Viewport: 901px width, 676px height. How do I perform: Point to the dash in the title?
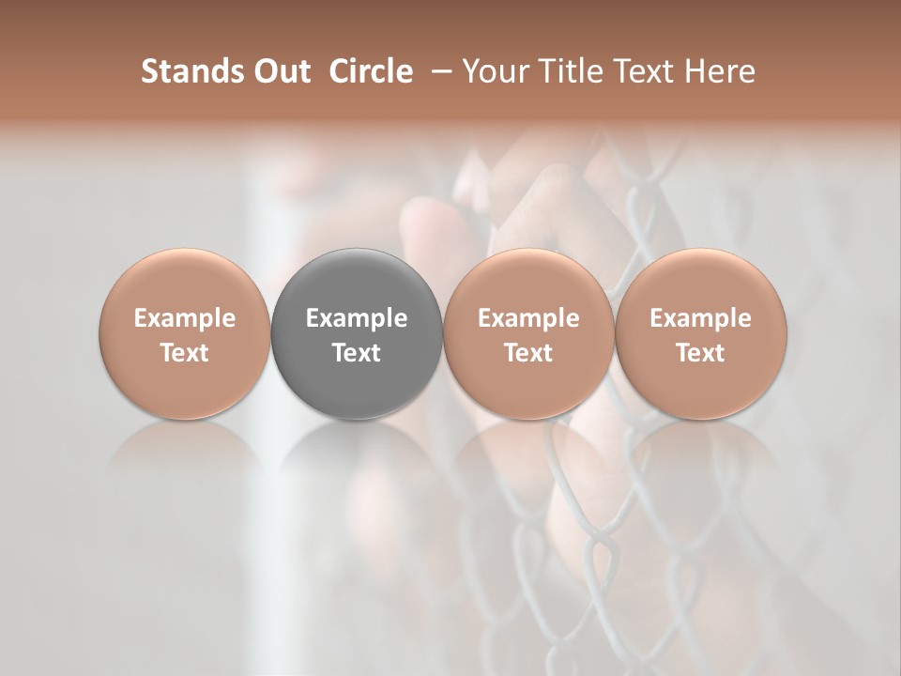[x=438, y=72]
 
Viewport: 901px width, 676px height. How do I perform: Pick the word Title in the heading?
[x=559, y=71]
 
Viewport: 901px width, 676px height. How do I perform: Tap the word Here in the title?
[x=718, y=71]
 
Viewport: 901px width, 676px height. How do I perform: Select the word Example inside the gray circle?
[x=357, y=318]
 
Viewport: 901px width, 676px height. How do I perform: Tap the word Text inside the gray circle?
[x=357, y=353]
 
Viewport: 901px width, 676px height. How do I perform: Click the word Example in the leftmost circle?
[x=185, y=318]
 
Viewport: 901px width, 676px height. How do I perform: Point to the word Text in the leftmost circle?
[x=185, y=353]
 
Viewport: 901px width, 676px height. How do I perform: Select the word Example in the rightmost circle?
[x=701, y=318]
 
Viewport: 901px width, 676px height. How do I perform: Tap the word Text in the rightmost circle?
[x=701, y=353]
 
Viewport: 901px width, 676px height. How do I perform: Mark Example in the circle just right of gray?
[x=528, y=318]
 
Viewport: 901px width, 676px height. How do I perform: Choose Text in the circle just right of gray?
[x=528, y=353]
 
